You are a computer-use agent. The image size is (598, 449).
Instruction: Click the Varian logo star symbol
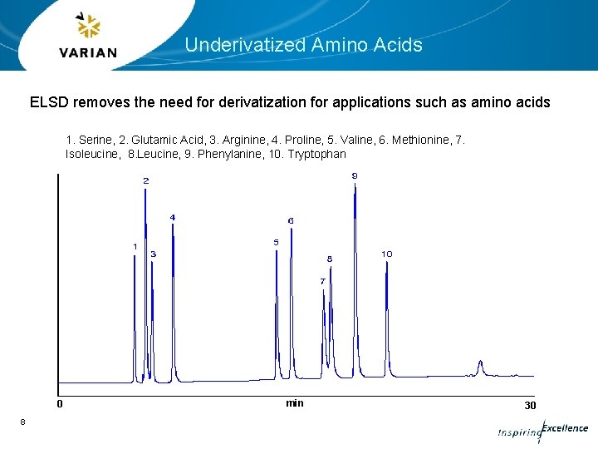click(88, 27)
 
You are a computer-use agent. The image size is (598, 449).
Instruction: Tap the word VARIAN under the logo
click(88, 53)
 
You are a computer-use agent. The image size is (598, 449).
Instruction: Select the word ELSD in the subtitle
click(49, 103)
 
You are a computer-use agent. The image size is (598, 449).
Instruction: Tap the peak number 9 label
click(355, 175)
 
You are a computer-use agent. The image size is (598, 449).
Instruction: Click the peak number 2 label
click(146, 180)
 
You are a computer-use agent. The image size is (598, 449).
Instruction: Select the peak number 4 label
click(173, 217)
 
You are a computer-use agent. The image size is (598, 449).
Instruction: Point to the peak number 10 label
click(387, 253)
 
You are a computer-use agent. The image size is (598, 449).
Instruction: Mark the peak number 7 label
click(322, 281)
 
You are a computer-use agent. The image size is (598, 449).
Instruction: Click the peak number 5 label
click(276, 242)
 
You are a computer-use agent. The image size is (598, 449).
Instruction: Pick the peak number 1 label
click(135, 246)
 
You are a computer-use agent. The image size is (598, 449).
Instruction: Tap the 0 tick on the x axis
click(59, 405)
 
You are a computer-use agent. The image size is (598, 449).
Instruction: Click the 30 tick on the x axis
click(530, 405)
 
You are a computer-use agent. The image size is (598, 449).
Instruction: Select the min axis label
click(295, 403)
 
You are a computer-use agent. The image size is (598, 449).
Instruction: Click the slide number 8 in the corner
click(22, 422)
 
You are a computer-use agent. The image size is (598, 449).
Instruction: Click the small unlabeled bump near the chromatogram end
click(480, 366)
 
